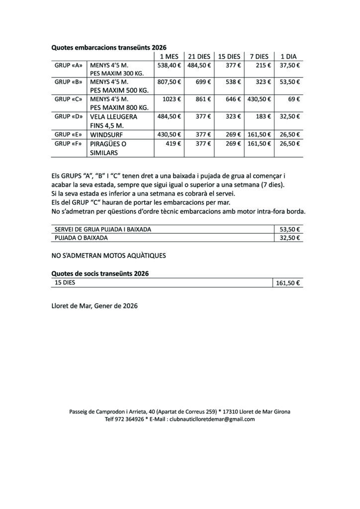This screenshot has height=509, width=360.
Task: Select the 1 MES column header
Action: pos(169,57)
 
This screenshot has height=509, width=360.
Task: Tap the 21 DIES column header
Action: pos(199,57)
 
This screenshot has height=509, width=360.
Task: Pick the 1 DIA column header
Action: pos(288,57)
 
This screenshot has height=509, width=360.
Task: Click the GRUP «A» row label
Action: pos(68,65)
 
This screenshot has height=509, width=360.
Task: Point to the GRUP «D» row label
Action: pos(68,116)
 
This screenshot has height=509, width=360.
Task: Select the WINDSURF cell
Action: pos(106,135)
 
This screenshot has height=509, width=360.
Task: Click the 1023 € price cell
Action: pos(172,99)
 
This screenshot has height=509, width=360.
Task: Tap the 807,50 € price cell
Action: pos(169,82)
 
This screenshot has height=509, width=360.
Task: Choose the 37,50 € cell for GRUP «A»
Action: pos(290,65)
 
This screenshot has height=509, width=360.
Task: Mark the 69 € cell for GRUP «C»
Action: pos(294,99)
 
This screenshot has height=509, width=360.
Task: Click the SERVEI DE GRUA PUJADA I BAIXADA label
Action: pos(103,229)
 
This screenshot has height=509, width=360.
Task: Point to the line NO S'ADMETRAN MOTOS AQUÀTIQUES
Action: pos(108,255)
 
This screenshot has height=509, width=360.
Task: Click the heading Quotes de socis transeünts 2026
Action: pos(100,273)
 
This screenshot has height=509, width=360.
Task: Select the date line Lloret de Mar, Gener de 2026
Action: pos(94,306)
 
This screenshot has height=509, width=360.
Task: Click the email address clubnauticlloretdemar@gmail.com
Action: pos(212,419)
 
